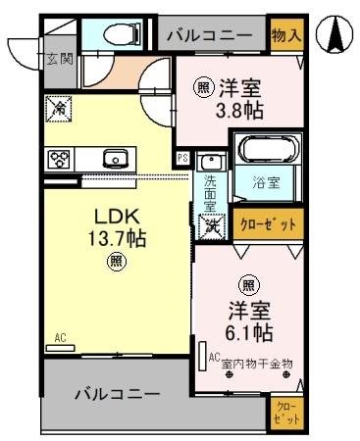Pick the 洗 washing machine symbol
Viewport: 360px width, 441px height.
(x=210, y=224)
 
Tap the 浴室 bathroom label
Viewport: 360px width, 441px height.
(x=265, y=181)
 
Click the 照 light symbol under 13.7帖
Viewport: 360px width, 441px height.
(x=116, y=261)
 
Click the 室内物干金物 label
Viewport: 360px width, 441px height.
(x=257, y=363)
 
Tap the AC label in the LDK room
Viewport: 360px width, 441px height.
(x=60, y=338)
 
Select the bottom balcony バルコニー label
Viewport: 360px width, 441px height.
(x=117, y=396)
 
